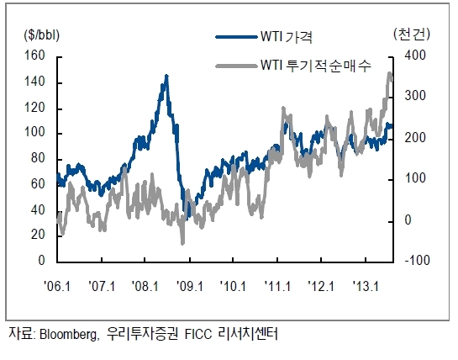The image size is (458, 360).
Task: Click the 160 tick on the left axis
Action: click(34, 56)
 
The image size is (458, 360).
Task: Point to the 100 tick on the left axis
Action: click(34, 133)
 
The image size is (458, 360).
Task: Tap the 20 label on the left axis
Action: click(38, 234)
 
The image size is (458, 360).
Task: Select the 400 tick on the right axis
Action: click(415, 56)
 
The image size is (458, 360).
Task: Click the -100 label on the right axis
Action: click(417, 260)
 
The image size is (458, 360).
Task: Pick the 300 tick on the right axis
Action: click(415, 96)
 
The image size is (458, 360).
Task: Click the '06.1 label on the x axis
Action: click(57, 286)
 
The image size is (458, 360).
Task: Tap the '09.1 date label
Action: click(190, 286)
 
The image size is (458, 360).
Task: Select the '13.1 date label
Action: click(366, 286)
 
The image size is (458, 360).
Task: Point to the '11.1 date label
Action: click(277, 286)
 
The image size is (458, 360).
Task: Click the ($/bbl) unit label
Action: click(41, 35)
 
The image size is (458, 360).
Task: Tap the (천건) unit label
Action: click(412, 34)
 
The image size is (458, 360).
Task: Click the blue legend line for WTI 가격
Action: click(237, 37)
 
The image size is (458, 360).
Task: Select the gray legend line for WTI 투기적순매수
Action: click(237, 66)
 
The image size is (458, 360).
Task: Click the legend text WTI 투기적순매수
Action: click(316, 66)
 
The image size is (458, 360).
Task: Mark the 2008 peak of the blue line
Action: click(166, 76)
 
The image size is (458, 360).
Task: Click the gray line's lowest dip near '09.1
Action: click(183, 244)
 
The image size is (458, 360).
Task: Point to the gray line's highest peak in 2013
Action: click(390, 72)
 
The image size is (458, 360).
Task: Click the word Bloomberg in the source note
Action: click(67, 334)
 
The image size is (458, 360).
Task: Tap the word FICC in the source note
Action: click(198, 334)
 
